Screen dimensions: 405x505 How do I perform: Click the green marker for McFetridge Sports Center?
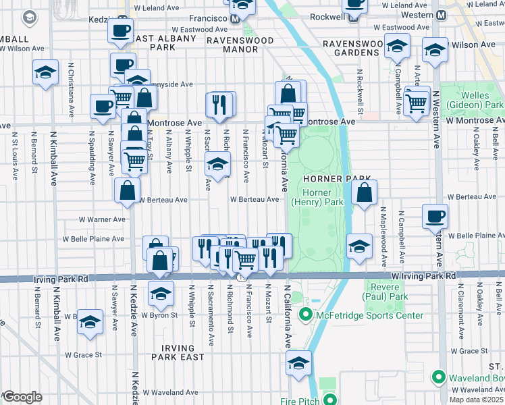pyautogui.click(x=305, y=315)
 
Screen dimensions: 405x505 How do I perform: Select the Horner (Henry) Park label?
pyautogui.click(x=317, y=196)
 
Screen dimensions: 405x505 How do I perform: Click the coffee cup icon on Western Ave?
pyautogui.click(x=434, y=217)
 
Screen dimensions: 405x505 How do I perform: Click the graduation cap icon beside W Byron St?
pyautogui.click(x=161, y=293)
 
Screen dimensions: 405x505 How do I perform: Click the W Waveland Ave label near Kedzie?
pyautogui.click(x=169, y=392)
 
